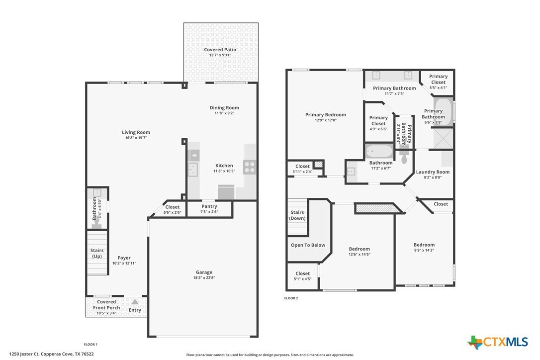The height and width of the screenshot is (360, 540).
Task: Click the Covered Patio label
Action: coord(220,50)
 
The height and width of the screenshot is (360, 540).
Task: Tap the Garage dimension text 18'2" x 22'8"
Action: coord(204,277)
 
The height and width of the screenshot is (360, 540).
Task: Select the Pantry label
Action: coord(209,206)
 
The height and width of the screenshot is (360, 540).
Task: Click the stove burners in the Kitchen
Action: coord(250,167)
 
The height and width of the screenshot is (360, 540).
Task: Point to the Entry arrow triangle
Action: coord(135,302)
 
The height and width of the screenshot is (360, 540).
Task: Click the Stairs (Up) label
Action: coord(97,253)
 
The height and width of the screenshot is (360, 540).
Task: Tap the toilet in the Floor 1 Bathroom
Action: coord(96,225)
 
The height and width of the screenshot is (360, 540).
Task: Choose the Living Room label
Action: coord(136,132)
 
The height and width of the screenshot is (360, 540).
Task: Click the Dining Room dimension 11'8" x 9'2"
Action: coord(225,113)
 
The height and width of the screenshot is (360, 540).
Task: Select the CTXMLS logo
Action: coord(497,342)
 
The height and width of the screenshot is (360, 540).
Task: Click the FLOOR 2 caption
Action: coord(291,298)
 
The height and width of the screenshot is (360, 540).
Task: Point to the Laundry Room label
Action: coord(433,172)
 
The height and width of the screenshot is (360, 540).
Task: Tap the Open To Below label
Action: coord(308,245)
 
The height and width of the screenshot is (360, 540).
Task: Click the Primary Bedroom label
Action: coord(326,115)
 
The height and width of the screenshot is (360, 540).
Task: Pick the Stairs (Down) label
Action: coord(297,215)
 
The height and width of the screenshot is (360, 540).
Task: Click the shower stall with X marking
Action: coord(443,138)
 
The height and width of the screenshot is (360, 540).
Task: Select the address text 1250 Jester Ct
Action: coord(24,354)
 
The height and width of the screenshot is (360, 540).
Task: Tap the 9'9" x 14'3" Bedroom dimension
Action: coord(424,251)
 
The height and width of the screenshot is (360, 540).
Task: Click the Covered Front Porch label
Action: coord(106,305)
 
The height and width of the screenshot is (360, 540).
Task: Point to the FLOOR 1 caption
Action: coord(90,344)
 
